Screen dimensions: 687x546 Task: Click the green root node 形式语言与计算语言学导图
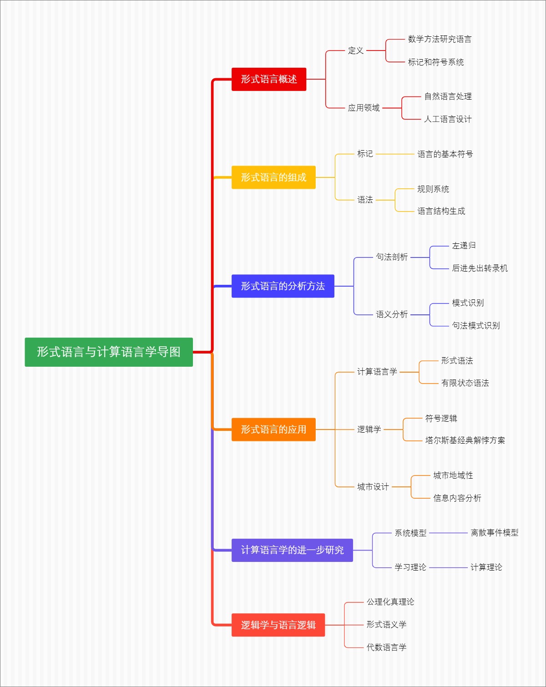coord(109,352)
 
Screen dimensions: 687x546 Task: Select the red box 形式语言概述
coord(269,79)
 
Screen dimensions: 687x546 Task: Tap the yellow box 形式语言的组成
coord(273,177)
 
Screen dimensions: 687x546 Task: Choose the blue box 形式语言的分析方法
coord(283,286)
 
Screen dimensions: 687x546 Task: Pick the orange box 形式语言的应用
coord(273,429)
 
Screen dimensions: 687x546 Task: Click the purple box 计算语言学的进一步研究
coord(292,550)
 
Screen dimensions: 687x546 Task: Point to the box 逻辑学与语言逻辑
coord(278,625)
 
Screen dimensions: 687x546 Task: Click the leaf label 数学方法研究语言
coord(440,39)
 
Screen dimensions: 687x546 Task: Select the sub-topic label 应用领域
coord(364,108)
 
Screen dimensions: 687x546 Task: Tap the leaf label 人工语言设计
coord(448,119)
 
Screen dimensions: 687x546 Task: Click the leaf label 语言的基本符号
coord(445,154)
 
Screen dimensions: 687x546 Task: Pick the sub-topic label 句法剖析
coord(392,257)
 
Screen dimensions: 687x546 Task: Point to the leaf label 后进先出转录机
coord(480,268)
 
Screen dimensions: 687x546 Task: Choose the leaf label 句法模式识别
coord(475,326)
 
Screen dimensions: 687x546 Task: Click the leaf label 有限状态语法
coord(465,383)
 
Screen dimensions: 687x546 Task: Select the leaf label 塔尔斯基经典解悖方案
coord(465,440)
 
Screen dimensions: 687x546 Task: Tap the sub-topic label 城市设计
coord(373,487)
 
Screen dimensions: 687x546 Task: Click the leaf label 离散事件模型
coord(495,533)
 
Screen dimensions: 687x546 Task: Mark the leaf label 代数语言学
coord(386,647)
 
